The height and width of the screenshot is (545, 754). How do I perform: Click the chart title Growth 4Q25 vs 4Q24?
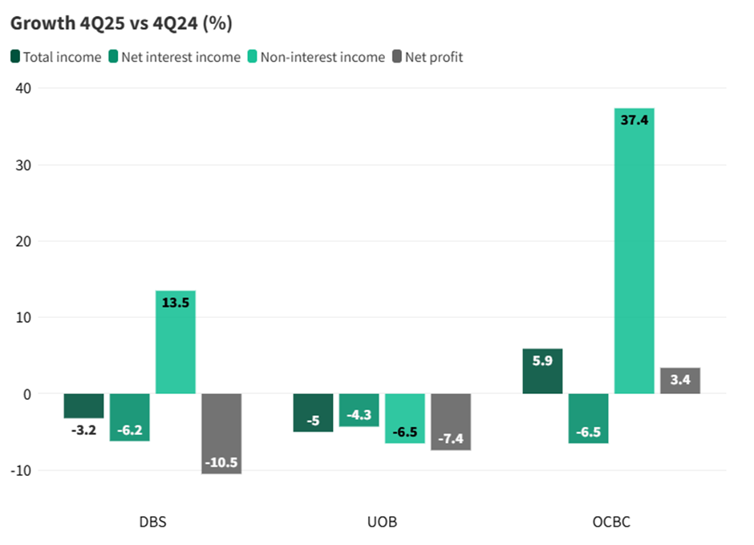121,23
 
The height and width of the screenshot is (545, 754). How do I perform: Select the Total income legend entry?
55,57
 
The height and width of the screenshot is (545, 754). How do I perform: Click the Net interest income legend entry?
174,57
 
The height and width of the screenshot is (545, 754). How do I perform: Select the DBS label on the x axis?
152,522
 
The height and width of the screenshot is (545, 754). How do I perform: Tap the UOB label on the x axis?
382,522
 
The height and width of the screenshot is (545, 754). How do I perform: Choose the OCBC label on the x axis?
611,522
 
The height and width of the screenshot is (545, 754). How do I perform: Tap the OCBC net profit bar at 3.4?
680,381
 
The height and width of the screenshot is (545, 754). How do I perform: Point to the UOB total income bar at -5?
313,413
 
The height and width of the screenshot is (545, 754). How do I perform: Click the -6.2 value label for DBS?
129,430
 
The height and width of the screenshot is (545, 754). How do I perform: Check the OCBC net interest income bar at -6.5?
588,418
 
